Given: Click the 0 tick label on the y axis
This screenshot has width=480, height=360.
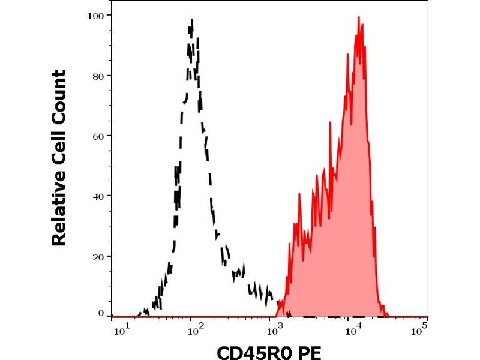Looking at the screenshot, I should (101, 313).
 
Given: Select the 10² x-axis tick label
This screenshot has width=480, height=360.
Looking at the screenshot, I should (193, 328).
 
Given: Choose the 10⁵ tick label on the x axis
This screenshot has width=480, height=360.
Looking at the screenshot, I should (422, 328).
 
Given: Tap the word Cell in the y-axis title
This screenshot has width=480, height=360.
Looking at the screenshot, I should (59, 149).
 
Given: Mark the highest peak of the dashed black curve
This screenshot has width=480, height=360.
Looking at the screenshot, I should (191, 20).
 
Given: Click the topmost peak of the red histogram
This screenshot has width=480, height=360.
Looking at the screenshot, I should (359, 17).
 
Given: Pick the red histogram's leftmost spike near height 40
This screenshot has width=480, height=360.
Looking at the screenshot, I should (299, 193).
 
